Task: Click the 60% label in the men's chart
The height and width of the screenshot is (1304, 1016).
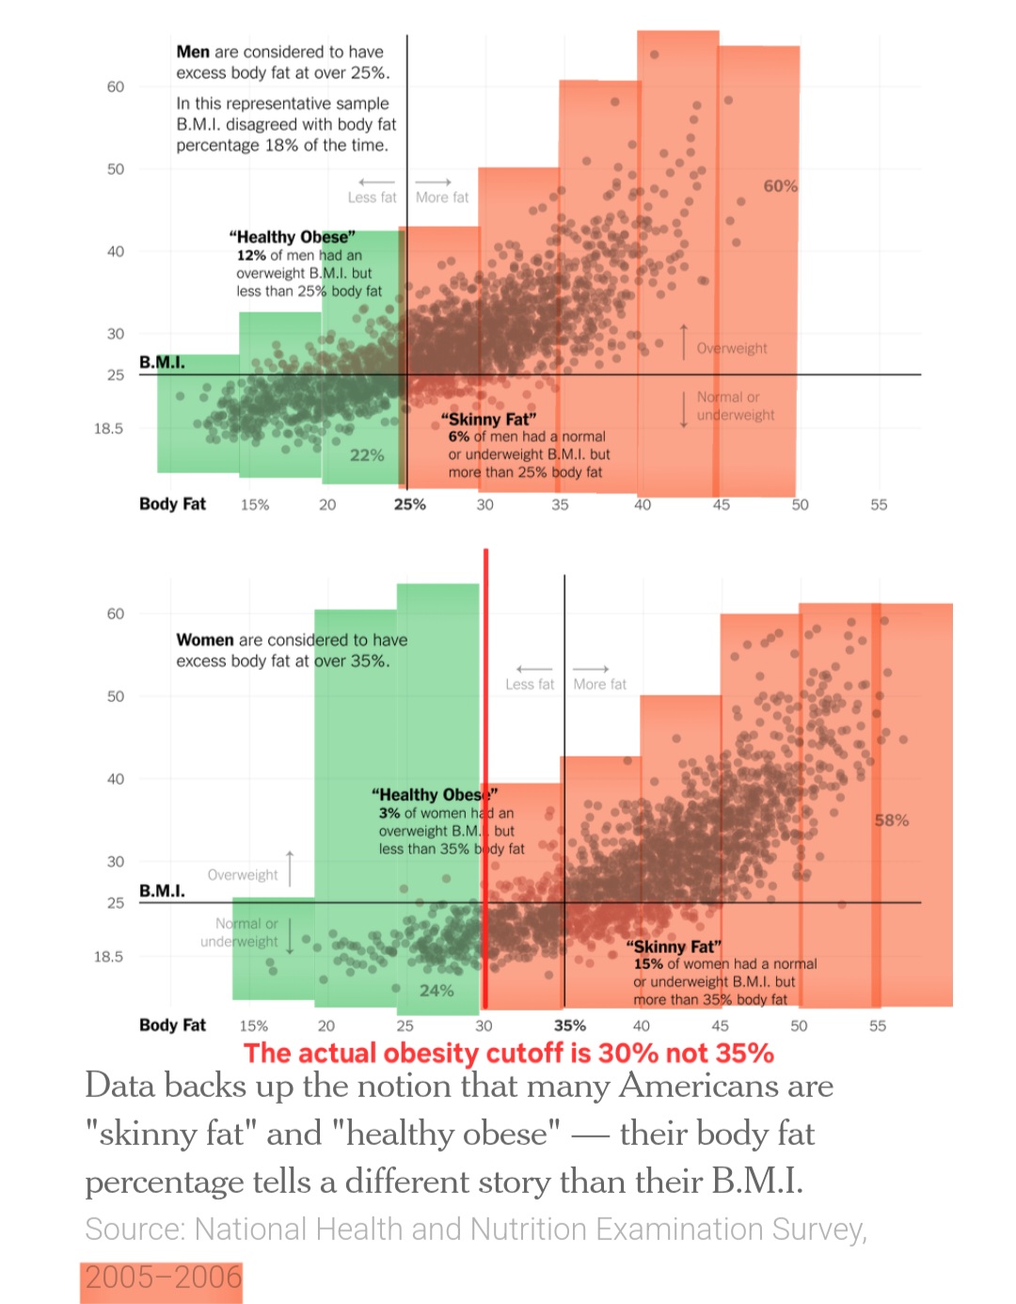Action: click(x=780, y=186)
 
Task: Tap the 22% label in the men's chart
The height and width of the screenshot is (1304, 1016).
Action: click(x=367, y=455)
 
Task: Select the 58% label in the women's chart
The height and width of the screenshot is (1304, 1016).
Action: click(x=891, y=820)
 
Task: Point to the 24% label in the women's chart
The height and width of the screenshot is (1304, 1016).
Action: click(x=437, y=991)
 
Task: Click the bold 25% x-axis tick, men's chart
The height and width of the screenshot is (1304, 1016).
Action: click(x=409, y=504)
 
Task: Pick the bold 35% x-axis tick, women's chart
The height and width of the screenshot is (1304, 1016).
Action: click(x=569, y=1026)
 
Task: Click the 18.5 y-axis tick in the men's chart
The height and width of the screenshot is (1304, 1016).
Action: click(x=108, y=429)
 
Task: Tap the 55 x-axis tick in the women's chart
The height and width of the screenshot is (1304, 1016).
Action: click(x=877, y=1026)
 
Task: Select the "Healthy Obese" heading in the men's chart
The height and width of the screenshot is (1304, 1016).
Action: click(x=292, y=237)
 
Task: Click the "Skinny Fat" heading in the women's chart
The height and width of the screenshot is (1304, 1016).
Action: click(x=674, y=946)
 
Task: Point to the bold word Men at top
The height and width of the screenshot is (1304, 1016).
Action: click(x=193, y=52)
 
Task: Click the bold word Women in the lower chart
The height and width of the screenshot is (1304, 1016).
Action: click(x=205, y=640)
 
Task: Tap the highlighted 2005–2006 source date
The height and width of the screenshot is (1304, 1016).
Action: click(x=163, y=1278)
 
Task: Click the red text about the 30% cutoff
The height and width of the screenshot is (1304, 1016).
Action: click(x=508, y=1053)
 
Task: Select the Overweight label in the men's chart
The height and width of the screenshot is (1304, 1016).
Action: click(x=731, y=348)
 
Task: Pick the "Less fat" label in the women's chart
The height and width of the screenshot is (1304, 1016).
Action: click(x=530, y=684)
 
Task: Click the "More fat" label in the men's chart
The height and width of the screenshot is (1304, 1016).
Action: click(x=441, y=198)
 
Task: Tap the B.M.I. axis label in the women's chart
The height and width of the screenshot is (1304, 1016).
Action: click(x=162, y=890)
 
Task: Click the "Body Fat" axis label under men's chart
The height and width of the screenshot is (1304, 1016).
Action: click(x=172, y=504)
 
